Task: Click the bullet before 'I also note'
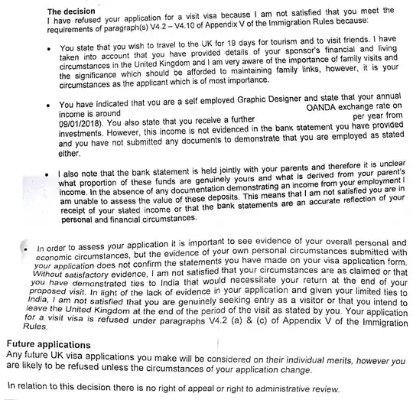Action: tap(47, 174)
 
